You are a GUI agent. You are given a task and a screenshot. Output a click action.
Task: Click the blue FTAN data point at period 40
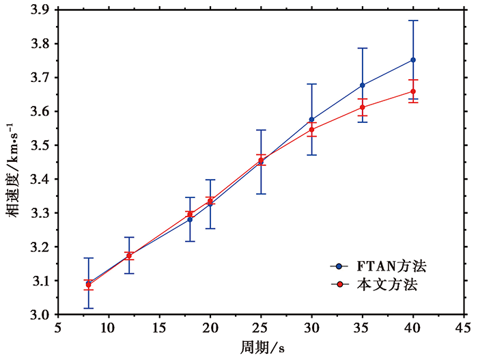coord(413,60)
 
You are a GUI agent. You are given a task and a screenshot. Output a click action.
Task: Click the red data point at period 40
coord(413,92)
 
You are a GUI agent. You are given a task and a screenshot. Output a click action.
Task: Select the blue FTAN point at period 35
coord(363,85)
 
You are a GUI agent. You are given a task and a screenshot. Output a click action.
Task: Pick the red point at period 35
coord(363,107)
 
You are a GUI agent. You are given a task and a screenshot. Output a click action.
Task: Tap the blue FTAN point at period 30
coord(312,120)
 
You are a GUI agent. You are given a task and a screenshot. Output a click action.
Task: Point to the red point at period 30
coord(312,129)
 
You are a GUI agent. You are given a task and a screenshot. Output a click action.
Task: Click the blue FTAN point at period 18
coord(190,219)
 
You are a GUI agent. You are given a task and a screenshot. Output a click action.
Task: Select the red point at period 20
coord(210,201)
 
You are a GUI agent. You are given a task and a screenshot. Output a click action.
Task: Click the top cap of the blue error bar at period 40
coord(413,20)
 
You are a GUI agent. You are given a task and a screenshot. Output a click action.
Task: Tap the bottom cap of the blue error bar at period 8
coord(88,308)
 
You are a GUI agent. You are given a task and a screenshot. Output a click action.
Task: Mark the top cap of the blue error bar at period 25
coord(261,130)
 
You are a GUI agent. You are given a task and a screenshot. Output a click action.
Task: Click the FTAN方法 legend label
coord(386,265)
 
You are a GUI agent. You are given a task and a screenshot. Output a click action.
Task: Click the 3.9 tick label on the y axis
coord(40,10)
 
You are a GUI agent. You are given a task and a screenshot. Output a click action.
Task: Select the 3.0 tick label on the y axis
coord(40,315)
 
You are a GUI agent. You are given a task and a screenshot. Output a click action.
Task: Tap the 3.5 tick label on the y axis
coord(40,146)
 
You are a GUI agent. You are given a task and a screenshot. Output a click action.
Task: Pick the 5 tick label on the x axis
coord(59,328)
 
